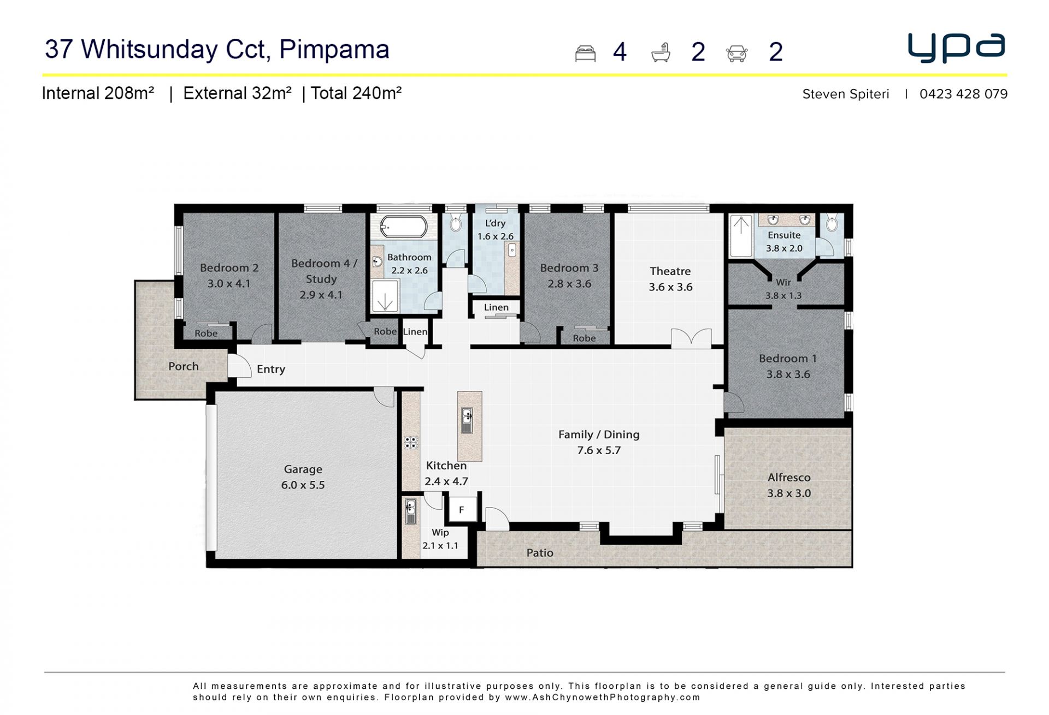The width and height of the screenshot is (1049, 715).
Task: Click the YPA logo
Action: [956, 48]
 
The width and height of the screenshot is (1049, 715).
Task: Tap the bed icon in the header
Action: [585, 53]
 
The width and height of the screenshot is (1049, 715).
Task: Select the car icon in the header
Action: [736, 53]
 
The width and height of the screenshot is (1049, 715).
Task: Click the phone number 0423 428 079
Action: [963, 94]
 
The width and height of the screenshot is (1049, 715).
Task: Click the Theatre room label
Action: [670, 271]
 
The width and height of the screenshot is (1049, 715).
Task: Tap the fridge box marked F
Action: [462, 510]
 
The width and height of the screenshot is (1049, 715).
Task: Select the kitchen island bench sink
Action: [467, 421]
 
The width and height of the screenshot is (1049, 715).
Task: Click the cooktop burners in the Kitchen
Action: [411, 442]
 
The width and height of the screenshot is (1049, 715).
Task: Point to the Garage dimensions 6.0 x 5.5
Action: [303, 485]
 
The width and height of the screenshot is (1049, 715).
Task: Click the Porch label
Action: [184, 366]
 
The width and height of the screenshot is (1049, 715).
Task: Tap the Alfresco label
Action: [789, 477]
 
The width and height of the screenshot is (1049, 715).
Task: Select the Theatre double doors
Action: [691, 338]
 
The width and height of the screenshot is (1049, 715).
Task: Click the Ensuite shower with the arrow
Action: [741, 236]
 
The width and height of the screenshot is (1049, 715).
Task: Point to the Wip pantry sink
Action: [410, 512]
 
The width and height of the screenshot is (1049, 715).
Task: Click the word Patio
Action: [540, 553]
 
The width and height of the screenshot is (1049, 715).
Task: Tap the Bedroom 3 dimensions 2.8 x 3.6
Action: [569, 284]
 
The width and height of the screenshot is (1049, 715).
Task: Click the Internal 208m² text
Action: [98, 93]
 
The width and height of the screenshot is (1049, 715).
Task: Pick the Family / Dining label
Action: [599, 434]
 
